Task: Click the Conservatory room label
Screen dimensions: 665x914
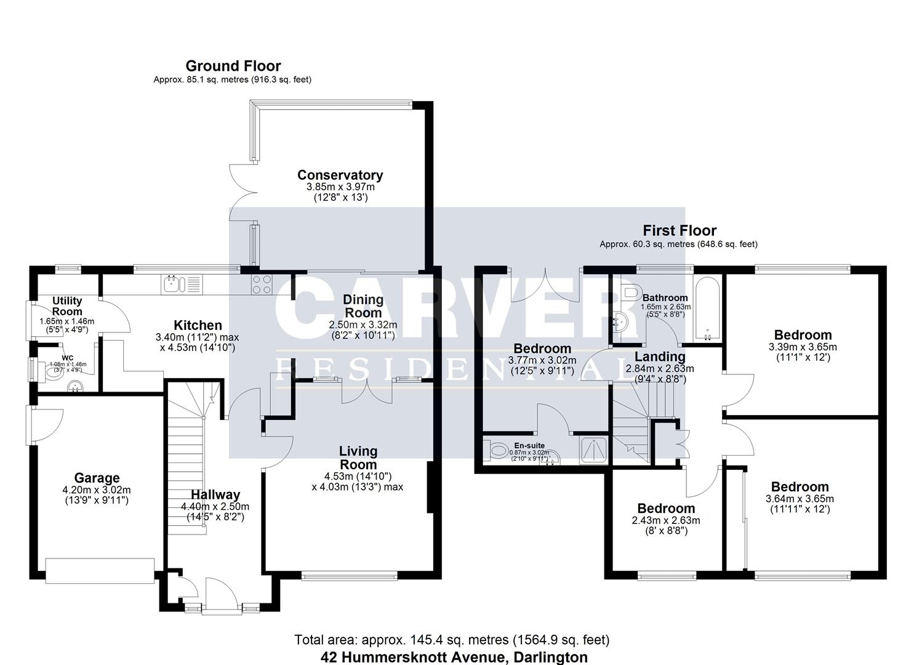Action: (x=340, y=175)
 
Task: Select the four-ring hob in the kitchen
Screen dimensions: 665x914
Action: (x=262, y=284)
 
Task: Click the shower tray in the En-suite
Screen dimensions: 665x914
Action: (x=594, y=450)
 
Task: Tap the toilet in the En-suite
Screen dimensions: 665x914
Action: (x=495, y=452)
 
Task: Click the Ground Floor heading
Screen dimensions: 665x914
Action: (x=233, y=66)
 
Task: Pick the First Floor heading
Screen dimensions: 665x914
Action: (x=679, y=230)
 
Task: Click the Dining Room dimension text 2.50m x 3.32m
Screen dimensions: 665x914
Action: (x=363, y=324)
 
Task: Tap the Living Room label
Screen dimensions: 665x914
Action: (x=358, y=457)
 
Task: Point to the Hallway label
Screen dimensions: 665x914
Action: (x=215, y=494)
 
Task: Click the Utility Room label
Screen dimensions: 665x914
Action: (x=67, y=306)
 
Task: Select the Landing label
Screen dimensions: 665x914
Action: (x=660, y=357)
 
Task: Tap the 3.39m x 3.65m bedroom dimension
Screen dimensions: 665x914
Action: (x=803, y=347)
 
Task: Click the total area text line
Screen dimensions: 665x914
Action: (x=452, y=640)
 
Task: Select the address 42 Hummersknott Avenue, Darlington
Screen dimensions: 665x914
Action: (x=454, y=657)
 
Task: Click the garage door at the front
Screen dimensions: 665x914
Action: (x=100, y=570)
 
